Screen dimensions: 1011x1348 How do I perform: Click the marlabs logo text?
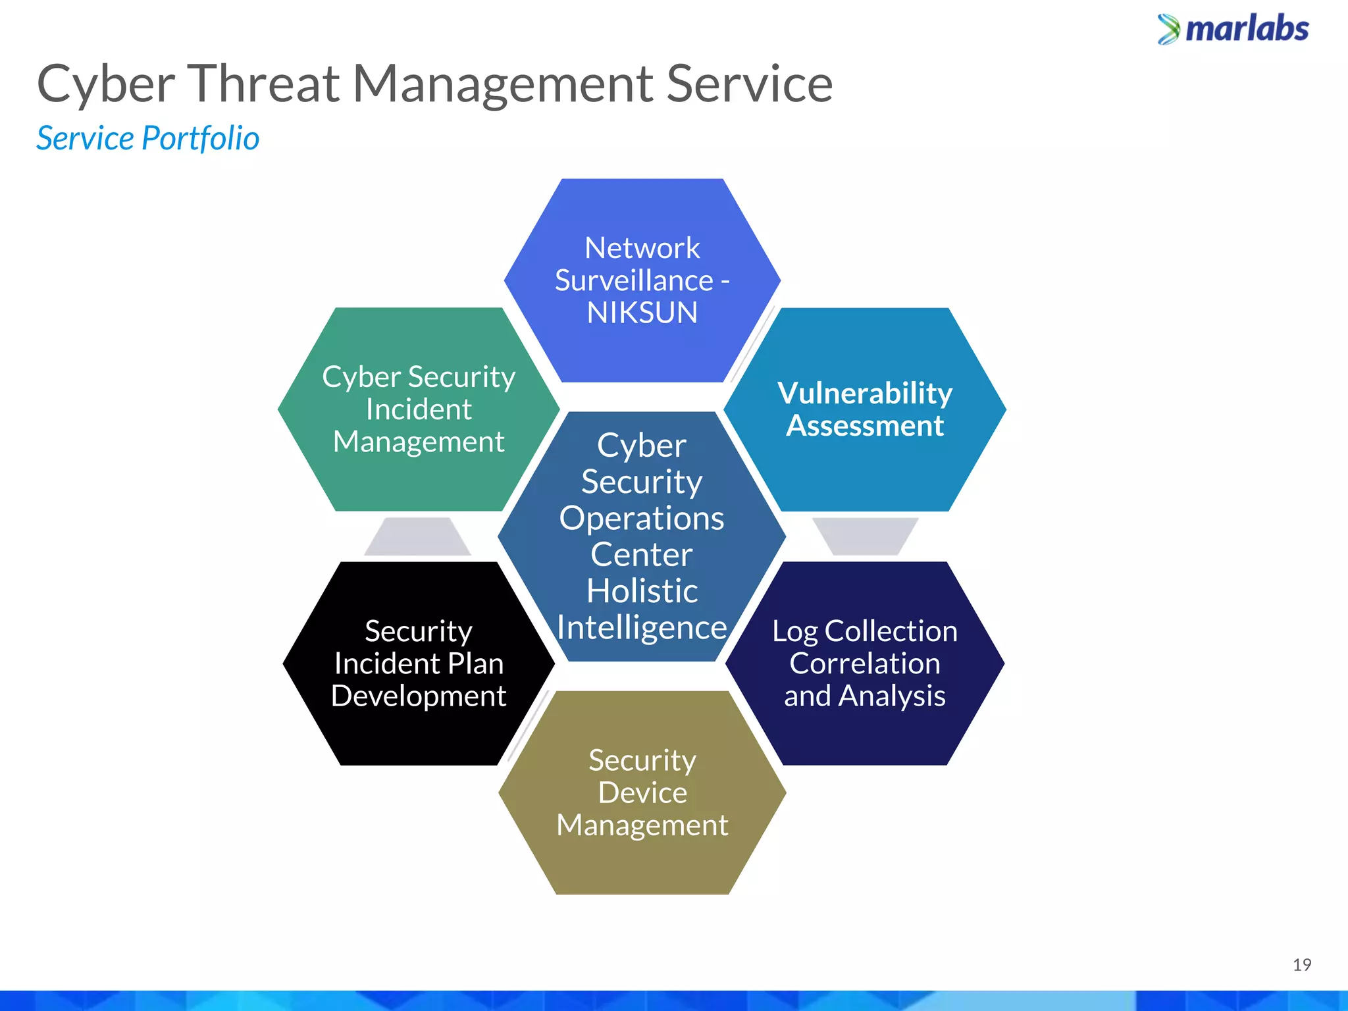click(x=1247, y=30)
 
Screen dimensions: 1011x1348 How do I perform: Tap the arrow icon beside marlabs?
click(x=1169, y=30)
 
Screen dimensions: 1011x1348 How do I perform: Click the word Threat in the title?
click(x=265, y=84)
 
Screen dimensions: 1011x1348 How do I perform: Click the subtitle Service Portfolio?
click(x=147, y=138)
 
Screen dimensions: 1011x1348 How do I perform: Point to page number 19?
click(x=1301, y=965)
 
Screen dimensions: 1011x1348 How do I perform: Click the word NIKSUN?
click(x=642, y=313)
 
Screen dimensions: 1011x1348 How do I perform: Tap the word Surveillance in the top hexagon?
click(x=634, y=280)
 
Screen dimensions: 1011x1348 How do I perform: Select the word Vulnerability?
click(x=865, y=394)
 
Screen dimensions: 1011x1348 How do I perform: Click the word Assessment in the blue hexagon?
click(x=865, y=426)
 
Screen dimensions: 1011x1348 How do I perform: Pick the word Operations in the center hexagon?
click(x=642, y=519)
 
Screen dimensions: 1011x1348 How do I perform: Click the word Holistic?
click(x=642, y=591)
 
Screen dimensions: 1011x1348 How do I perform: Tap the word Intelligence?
click(x=642, y=627)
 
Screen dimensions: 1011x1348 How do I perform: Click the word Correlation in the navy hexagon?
click(x=865, y=663)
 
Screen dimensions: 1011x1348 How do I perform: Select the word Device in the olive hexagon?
click(x=642, y=792)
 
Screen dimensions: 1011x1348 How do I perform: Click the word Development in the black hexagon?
click(x=419, y=696)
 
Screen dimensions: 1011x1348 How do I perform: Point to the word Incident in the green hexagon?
click(x=419, y=409)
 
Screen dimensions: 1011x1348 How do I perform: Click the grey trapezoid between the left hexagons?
click(x=417, y=536)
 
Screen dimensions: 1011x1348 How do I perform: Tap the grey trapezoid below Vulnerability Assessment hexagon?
click(x=865, y=534)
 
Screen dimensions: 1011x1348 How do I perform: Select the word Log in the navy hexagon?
click(x=794, y=632)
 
